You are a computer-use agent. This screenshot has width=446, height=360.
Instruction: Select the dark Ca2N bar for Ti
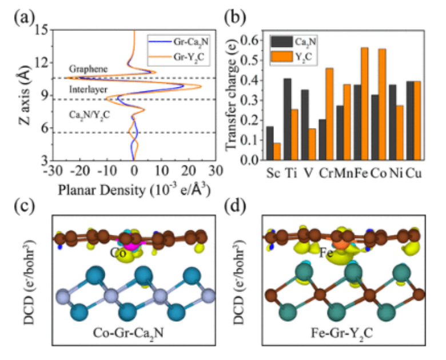tap(288, 119)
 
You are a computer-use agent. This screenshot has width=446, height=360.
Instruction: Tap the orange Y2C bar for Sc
tap(277, 151)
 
